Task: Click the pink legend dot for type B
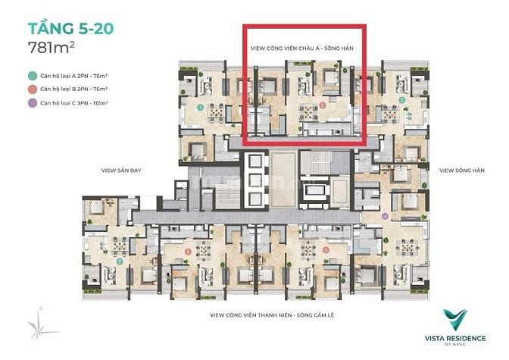click(33, 89)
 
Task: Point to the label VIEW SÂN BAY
click(119, 171)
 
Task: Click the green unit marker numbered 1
click(199, 108)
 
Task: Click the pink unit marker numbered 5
click(325, 249)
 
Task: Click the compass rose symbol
click(37, 324)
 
